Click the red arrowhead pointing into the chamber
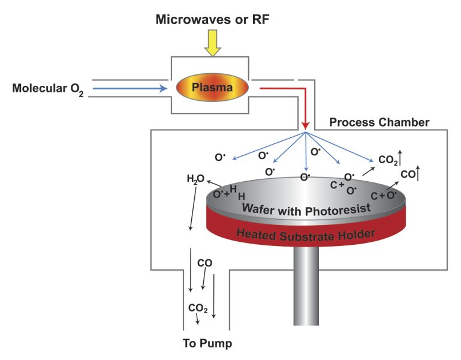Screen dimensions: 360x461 (306, 125)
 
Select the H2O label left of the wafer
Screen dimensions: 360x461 (195, 178)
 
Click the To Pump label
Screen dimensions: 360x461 (206, 344)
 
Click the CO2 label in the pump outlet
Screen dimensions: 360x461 (198, 308)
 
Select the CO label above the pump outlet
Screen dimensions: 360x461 (204, 263)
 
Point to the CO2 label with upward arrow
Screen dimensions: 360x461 (388, 160)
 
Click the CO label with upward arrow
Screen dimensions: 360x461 (408, 175)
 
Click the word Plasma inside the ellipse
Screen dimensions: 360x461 (212, 88)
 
